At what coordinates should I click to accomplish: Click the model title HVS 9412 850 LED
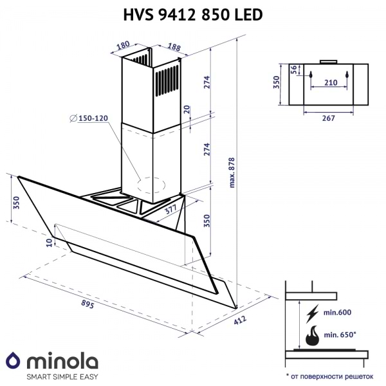pos(192,14)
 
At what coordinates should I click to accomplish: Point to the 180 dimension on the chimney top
pos(124,48)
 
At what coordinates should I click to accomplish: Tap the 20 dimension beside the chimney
pos(187,110)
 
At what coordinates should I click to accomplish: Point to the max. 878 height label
pos(232,171)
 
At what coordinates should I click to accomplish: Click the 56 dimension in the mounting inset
pos(293,69)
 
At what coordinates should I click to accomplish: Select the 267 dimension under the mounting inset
pos(328,118)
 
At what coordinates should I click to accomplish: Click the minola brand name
pos(61,358)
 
